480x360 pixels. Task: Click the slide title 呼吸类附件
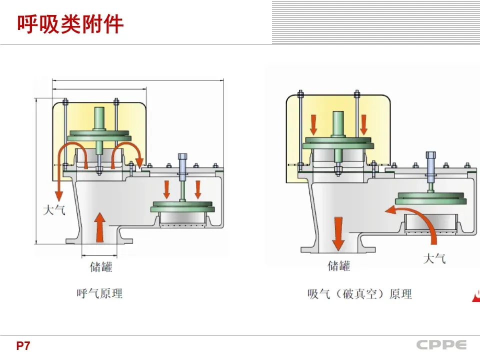[70, 24]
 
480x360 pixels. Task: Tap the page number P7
[23, 345]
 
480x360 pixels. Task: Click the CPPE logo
[441, 345]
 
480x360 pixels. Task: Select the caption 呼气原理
[99, 293]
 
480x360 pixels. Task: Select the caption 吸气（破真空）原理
[359, 294]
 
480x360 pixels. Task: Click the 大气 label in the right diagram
[434, 258]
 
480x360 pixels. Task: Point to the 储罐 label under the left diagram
[101, 266]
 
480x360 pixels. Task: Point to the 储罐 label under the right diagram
[338, 265]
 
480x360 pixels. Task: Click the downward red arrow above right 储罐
[338, 232]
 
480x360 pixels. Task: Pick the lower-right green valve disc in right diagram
[430, 197]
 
